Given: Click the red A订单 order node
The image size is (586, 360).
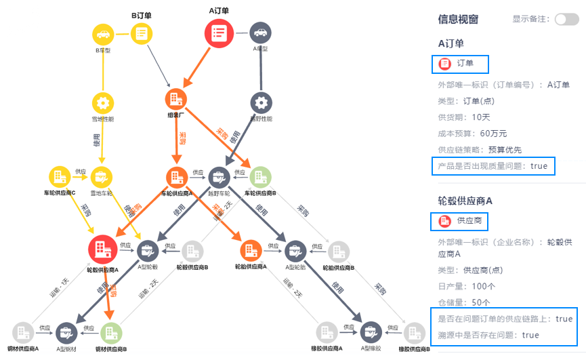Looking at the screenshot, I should point(219,33).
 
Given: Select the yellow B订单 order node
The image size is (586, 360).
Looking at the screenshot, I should point(142,33).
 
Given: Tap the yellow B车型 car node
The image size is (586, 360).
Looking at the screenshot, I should point(103,33).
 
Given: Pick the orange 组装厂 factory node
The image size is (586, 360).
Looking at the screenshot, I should point(176,99).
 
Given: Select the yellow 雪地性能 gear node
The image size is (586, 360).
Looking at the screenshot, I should point(103,103).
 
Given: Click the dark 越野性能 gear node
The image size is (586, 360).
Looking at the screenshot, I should point(261,103).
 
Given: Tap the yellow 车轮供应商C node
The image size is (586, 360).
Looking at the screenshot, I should point(59,177).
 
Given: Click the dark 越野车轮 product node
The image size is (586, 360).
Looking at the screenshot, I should point(219,178).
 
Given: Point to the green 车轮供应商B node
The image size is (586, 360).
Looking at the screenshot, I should point(261,178).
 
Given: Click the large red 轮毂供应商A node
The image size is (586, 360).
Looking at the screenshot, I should point(103,249).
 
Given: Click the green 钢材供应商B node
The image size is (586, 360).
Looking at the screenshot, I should point(111,332).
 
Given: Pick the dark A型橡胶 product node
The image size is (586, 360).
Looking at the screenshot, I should point(371,332).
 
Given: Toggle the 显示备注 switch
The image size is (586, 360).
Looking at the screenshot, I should point(566,20).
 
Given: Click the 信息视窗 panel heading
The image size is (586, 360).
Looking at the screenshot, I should point(458,20).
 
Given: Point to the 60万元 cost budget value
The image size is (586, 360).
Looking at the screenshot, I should point(494,133).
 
